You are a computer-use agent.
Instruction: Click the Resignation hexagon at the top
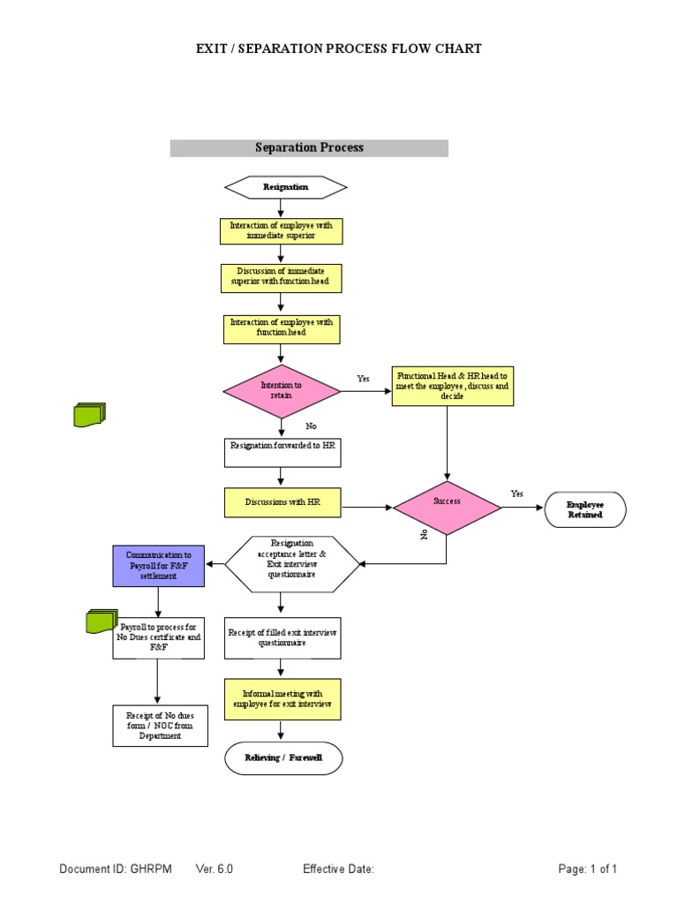[285, 187]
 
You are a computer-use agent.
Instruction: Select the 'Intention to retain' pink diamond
[282, 391]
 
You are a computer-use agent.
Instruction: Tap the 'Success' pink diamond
[447, 507]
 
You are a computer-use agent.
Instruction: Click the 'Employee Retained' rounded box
[585, 509]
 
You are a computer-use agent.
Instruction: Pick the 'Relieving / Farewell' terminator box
[282, 758]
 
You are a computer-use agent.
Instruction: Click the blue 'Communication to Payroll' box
[159, 566]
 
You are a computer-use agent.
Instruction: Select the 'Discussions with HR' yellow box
[282, 502]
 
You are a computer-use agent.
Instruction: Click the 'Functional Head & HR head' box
[452, 387]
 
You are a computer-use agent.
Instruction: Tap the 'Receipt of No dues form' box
[161, 726]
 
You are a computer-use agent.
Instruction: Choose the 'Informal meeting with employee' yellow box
[282, 699]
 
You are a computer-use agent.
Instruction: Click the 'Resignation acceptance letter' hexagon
[292, 563]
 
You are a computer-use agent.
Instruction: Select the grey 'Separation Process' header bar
[309, 148]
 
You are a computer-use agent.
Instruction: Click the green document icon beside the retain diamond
[89, 414]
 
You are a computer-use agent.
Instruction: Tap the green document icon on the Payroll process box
[102, 621]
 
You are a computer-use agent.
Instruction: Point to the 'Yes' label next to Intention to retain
[363, 379]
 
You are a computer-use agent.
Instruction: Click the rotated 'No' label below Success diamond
[424, 534]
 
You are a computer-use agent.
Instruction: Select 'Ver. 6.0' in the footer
[214, 870]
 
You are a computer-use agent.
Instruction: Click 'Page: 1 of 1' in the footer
[587, 870]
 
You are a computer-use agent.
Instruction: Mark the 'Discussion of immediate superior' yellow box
[281, 278]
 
